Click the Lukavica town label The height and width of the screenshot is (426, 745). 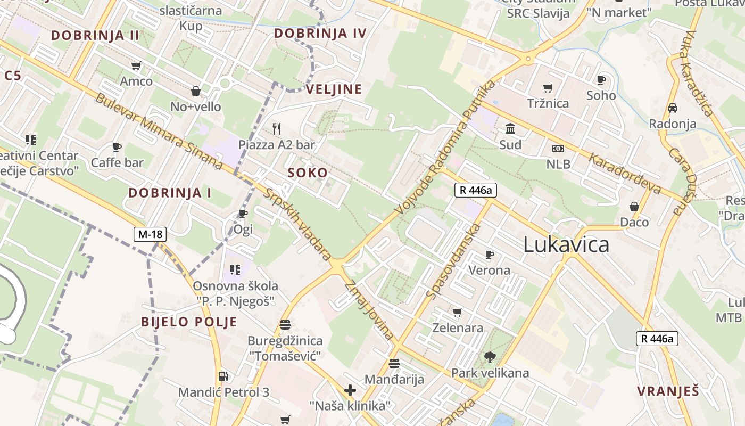(566, 244)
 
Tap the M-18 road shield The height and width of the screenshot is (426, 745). (150, 234)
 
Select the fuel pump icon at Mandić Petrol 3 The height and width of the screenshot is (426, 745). (223, 376)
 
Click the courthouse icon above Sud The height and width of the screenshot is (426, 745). (510, 129)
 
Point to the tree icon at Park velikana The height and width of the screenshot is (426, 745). (490, 357)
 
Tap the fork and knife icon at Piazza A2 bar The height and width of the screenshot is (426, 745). (276, 128)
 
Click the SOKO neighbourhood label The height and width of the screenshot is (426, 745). (308, 173)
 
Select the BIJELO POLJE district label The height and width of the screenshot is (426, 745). (189, 322)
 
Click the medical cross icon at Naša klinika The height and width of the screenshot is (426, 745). (350, 391)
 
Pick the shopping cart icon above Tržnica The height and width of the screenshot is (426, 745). (548, 88)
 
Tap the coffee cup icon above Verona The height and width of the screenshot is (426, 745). (489, 255)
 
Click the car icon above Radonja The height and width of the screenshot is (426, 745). (672, 108)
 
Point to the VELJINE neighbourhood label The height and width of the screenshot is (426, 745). (334, 89)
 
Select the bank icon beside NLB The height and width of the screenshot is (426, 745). (558, 149)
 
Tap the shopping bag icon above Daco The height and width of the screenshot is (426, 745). (634, 207)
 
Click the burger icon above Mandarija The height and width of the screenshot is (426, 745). (394, 364)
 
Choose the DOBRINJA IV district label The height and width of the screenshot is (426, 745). (320, 34)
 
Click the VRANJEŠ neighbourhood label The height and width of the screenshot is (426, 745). (668, 391)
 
